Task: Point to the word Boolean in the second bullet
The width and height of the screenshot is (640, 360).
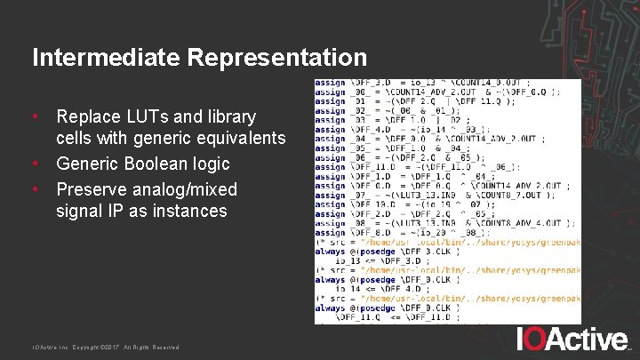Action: point(156,164)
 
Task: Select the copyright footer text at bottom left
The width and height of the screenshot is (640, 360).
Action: point(105,347)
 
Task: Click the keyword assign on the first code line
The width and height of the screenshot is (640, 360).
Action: point(330,83)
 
